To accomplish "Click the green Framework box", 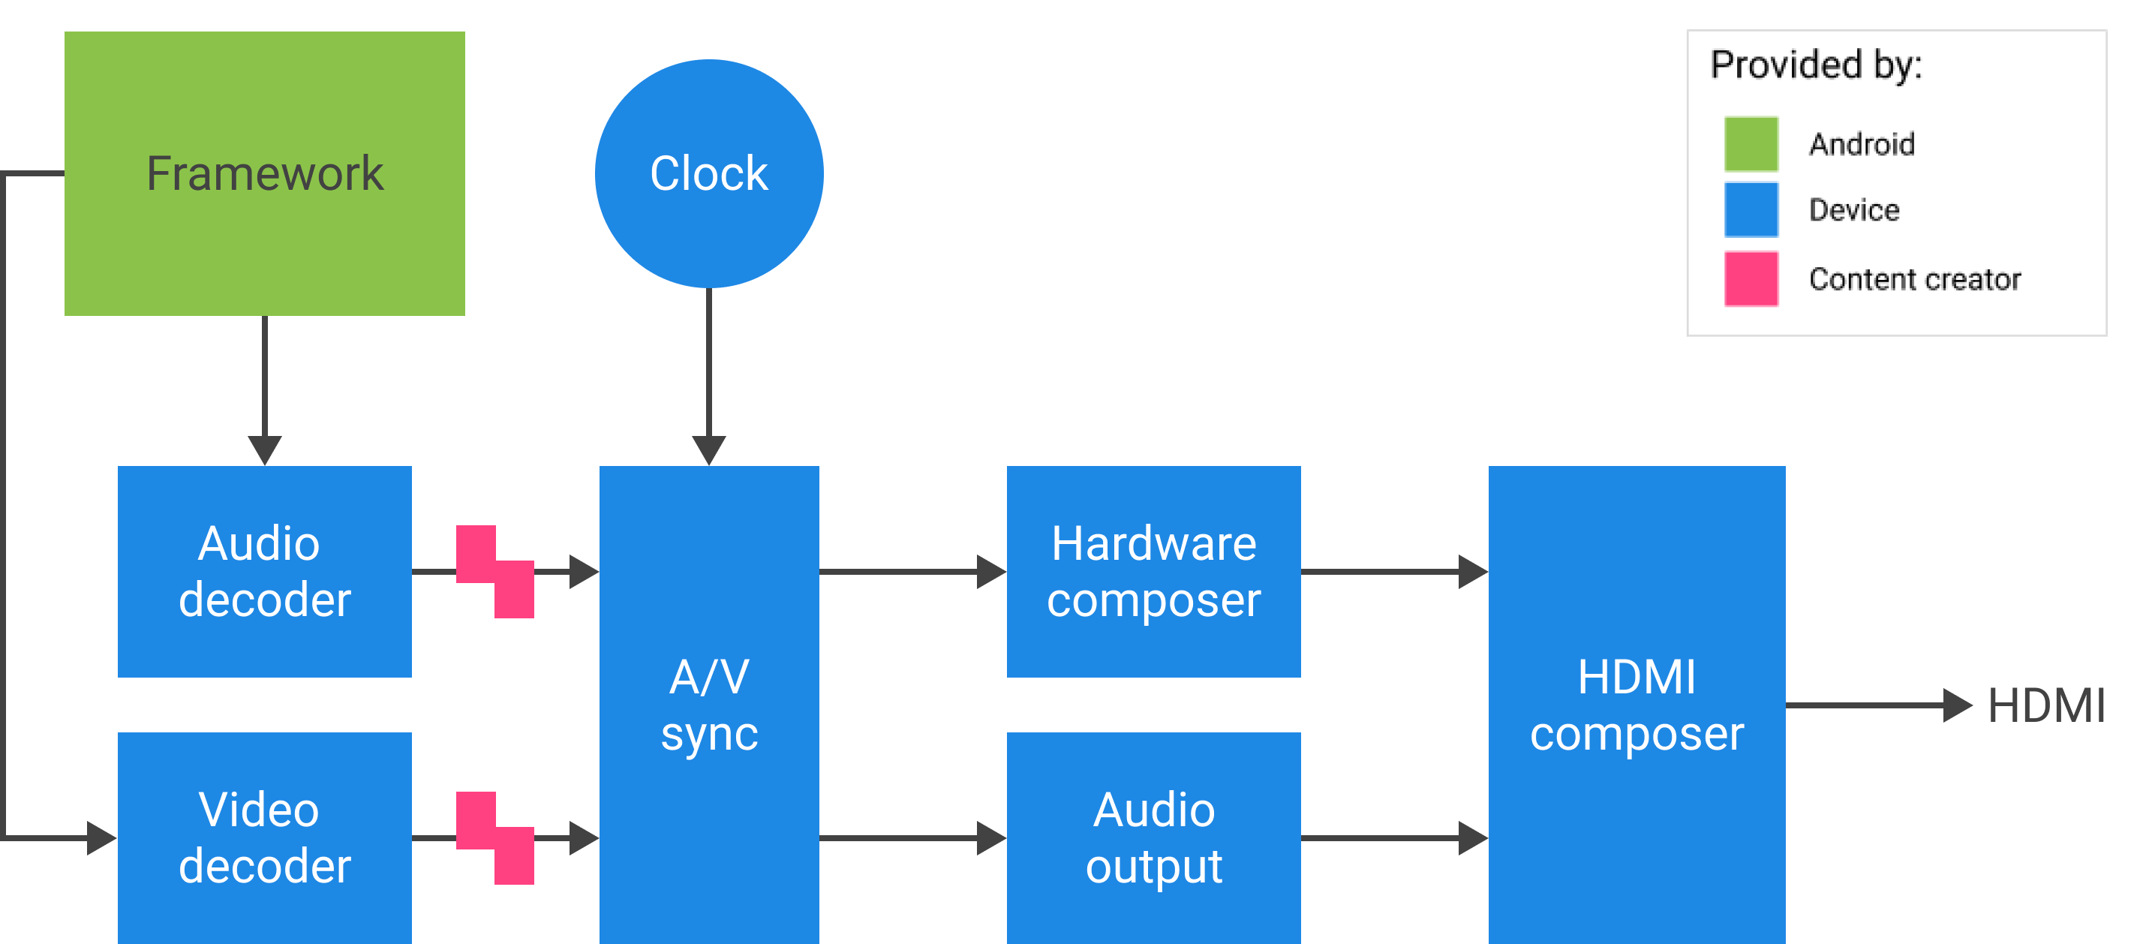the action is pyautogui.click(x=265, y=174).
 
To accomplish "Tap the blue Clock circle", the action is pyautogui.click(x=709, y=174).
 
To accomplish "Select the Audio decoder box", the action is pyautogui.click(x=265, y=571).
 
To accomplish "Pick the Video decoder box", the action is pyautogui.click(x=265, y=838).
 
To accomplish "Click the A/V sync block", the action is pyautogui.click(x=709, y=705).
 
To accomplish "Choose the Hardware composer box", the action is pyautogui.click(x=1154, y=571).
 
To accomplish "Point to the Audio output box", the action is pyautogui.click(x=1154, y=838).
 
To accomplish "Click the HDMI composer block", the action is pyautogui.click(x=1637, y=705).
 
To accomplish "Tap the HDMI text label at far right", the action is pyautogui.click(x=2047, y=706).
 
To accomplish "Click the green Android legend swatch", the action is pyautogui.click(x=1751, y=143).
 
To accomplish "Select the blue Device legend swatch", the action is pyautogui.click(x=1751, y=209).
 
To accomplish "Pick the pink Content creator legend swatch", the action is pyautogui.click(x=1751, y=278).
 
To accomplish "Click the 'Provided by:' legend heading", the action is pyautogui.click(x=1816, y=65).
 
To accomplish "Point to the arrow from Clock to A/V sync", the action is pyautogui.click(x=709, y=377).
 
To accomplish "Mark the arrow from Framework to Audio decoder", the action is pyautogui.click(x=265, y=391).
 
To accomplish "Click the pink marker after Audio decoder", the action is pyautogui.click(x=495, y=571).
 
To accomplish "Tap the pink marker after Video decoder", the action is pyautogui.click(x=495, y=838).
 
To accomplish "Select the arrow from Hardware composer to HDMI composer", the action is pyautogui.click(x=1394, y=571).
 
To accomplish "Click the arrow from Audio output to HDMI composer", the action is pyautogui.click(x=1394, y=838).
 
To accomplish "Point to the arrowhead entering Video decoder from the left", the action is pyautogui.click(x=102, y=838).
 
